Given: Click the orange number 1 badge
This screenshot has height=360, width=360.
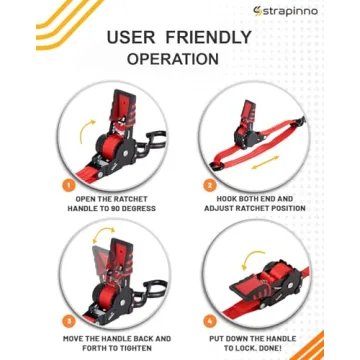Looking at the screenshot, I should pos(69,184).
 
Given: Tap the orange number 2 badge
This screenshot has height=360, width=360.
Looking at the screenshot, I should pos(211,184).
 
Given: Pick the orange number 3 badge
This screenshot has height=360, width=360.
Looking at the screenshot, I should pos(69,321).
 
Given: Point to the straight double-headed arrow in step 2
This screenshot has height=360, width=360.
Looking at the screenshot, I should pos(262,160).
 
